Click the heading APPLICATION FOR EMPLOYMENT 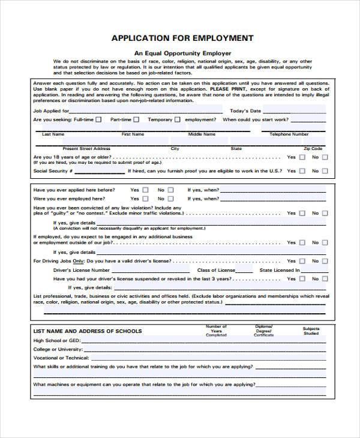pyautogui.click(x=182, y=38)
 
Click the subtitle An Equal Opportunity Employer pyautogui.click(x=182, y=53)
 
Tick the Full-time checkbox pyautogui.click(x=98, y=119)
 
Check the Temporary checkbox pyautogui.click(x=178, y=119)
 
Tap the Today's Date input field pyautogui.click(x=295, y=110)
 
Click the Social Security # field pyautogui.click(x=99, y=171)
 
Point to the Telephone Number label pyautogui.click(x=289, y=134)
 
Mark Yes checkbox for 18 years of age pyautogui.click(x=302, y=157)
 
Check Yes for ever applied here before pyautogui.click(x=145, y=190)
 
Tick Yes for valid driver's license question pyautogui.click(x=302, y=262)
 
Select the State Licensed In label pyautogui.click(x=280, y=271)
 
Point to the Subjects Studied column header pyautogui.click(x=311, y=331)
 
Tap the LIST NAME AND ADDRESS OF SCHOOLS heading pyautogui.click(x=88, y=331)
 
